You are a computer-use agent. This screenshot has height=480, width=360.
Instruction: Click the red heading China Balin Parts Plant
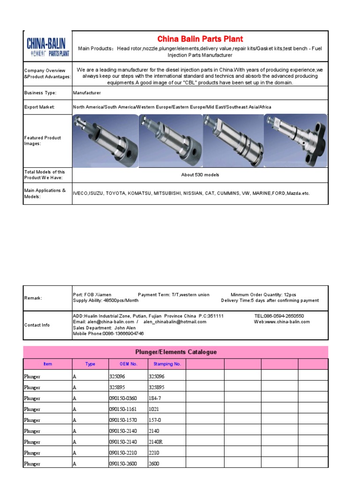[200, 39]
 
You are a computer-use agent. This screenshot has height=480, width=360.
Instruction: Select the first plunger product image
[105, 141]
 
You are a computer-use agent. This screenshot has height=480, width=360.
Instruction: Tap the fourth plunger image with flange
[296, 141]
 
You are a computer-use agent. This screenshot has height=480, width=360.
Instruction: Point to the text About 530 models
[200, 175]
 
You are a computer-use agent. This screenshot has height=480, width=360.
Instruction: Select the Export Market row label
[40, 107]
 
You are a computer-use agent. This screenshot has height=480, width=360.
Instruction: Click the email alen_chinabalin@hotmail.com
[175, 322]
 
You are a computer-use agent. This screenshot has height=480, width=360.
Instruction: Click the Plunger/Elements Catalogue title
[176, 352]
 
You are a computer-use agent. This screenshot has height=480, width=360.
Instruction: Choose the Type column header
[90, 364]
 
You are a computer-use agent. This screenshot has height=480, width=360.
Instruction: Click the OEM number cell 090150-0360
[123, 398]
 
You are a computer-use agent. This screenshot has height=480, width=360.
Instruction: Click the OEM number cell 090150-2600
[123, 464]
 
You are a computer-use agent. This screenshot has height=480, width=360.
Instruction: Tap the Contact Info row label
[37, 325]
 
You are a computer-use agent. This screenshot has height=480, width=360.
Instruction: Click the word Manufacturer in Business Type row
[87, 93]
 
